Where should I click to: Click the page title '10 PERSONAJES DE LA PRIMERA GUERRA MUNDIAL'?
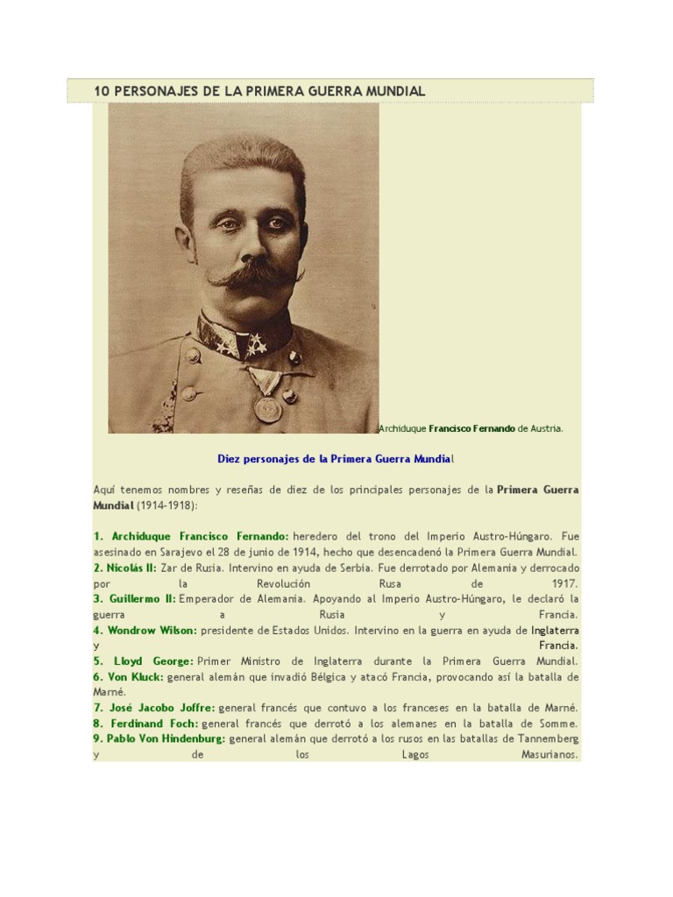coord(259,91)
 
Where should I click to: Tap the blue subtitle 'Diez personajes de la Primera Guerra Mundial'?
coord(336,458)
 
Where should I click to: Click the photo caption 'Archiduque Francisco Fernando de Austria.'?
coord(471,428)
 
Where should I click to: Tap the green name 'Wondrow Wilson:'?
coord(145,630)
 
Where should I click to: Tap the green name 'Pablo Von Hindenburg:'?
coord(159,738)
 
